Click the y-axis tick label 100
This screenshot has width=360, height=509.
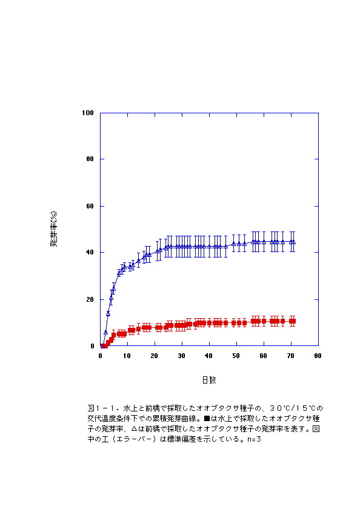point(88,113)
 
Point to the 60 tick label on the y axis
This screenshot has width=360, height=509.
point(90,206)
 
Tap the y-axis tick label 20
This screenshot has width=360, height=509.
point(90,299)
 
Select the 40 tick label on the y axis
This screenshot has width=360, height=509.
point(90,252)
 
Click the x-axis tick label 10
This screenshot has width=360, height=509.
point(127,356)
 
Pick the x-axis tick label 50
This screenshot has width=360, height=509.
point(236,356)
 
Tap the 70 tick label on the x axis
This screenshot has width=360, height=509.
point(290,356)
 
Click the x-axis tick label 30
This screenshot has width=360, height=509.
point(181,356)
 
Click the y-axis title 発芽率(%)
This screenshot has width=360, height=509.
point(54,229)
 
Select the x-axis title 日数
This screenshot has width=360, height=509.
point(209,380)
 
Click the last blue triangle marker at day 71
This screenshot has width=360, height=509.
point(293,242)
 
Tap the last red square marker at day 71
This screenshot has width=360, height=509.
point(293,321)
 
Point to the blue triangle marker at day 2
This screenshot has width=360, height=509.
point(105,332)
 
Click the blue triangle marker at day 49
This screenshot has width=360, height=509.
point(234,244)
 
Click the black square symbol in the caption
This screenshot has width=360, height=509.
point(207,419)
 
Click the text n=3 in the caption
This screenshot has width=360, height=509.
point(254,439)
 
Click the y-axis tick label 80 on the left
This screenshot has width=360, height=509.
point(90,159)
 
